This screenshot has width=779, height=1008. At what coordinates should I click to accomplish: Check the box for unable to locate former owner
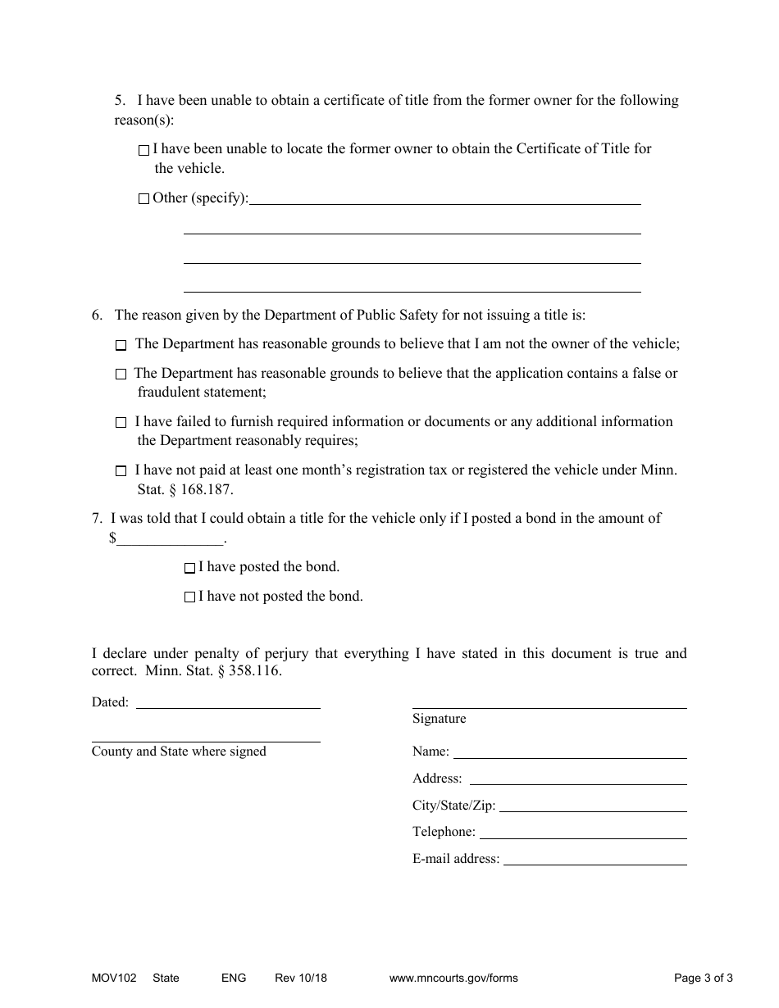[144, 150]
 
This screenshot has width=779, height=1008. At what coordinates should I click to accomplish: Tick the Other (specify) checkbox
[144, 198]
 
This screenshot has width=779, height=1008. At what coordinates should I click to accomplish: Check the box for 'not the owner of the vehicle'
[121, 346]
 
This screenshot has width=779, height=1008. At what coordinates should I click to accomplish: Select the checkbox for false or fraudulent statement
[121, 375]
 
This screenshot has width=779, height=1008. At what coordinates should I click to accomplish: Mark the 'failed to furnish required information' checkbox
[121, 423]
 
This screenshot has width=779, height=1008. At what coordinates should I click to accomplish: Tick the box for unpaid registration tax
[121, 471]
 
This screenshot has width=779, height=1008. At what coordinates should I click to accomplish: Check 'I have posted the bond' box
[190, 568]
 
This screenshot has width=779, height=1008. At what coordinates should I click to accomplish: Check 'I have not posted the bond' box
[190, 597]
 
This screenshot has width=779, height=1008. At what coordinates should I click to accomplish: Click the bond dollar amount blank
[170, 539]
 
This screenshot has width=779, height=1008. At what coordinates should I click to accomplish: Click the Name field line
[570, 751]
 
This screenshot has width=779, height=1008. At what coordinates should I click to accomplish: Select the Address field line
[577, 779]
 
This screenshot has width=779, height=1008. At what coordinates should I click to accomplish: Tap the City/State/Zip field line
[593, 806]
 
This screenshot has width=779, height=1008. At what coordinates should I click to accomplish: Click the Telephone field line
[582, 833]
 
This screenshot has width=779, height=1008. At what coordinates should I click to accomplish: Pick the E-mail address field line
[594, 859]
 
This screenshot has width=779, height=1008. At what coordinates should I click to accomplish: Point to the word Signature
[439, 719]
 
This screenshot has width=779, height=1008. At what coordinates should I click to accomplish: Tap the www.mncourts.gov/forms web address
[453, 978]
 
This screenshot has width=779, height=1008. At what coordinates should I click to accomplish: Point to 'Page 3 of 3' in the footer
[704, 978]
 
